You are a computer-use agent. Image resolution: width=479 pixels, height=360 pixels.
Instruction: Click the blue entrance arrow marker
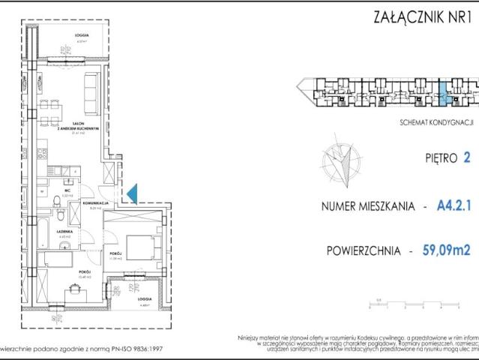click(130, 193)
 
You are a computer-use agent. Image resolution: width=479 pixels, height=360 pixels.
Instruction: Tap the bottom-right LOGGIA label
click(144, 300)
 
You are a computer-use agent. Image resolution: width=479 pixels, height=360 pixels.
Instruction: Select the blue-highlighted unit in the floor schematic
click(443, 94)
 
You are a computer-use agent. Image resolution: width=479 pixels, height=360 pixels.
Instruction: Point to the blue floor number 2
click(466, 158)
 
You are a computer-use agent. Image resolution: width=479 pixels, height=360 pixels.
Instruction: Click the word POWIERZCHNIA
click(363, 252)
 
